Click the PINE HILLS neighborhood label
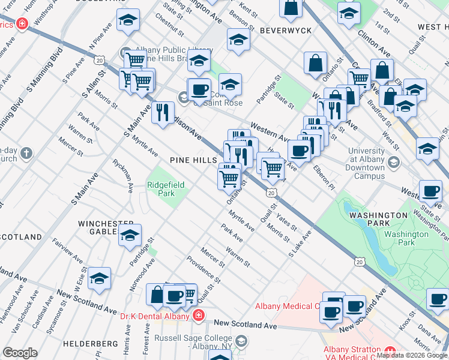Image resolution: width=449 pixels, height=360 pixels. (193, 161)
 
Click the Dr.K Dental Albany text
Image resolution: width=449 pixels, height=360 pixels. (154, 315)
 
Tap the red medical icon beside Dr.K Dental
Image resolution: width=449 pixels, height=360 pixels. (198, 315)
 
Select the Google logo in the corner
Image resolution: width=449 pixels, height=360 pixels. (19, 353)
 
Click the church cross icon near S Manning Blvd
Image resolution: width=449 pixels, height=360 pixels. (25, 154)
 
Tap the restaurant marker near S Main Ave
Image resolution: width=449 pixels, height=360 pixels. (163, 112)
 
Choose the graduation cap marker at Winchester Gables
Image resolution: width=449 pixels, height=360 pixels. (130, 236)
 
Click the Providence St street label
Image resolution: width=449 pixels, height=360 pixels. (202, 270)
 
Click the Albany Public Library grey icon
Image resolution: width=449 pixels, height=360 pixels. (125, 50)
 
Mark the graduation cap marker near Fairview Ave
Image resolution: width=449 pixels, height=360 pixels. (100, 278)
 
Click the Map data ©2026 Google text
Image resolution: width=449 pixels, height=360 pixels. (411, 355)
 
